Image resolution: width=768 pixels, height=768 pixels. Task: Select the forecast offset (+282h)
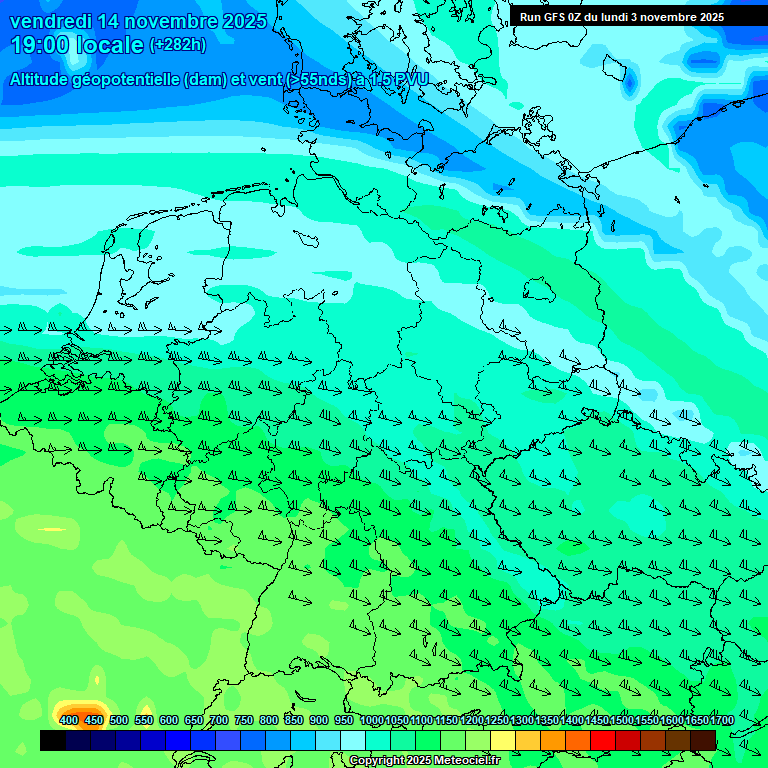pyautogui.click(x=178, y=45)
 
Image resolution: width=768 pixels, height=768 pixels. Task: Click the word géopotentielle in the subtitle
pyautogui.click(x=129, y=79)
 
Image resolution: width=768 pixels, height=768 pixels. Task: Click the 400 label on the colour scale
pyautogui.click(x=69, y=720)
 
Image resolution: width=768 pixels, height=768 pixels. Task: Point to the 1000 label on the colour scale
pyautogui.click(x=372, y=720)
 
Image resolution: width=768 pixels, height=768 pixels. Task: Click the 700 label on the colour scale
pyautogui.click(x=219, y=720)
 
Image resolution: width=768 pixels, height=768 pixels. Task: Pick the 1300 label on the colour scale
pyautogui.click(x=523, y=720)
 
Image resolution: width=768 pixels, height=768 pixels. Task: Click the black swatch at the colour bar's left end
pyautogui.click(x=53, y=740)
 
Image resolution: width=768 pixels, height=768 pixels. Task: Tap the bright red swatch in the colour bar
pyautogui.click(x=603, y=740)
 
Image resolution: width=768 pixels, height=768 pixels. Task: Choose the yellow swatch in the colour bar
pyautogui.click(x=503, y=740)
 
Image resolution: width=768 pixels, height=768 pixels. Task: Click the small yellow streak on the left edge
pyautogui.click(x=51, y=529)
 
